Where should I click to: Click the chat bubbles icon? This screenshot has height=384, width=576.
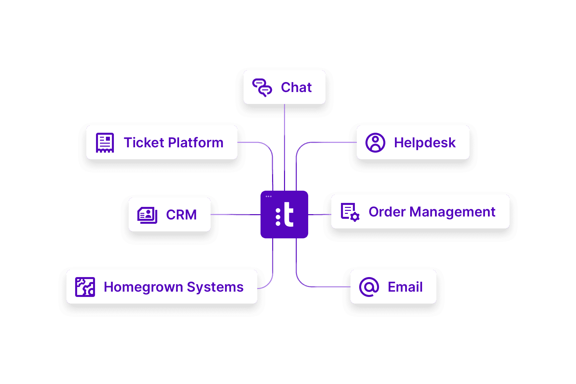[x=262, y=87]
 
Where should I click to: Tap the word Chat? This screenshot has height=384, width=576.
[x=296, y=87]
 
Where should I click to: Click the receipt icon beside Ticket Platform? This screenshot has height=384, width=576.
[x=105, y=143]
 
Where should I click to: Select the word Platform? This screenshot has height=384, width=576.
[x=196, y=143]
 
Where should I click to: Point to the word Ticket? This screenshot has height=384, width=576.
[x=144, y=143]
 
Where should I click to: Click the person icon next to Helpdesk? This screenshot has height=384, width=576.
[x=375, y=143]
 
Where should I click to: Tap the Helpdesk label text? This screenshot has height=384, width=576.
[x=425, y=143]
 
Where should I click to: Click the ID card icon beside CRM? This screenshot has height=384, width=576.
[x=147, y=215]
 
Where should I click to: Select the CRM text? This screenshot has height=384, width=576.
[x=181, y=215]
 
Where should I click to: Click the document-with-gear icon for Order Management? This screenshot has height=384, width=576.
[x=350, y=212]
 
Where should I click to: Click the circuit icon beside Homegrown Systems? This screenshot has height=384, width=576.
[x=85, y=287]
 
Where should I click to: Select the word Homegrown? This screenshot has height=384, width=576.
[x=143, y=287]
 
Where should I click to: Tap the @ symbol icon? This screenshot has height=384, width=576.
[x=369, y=287]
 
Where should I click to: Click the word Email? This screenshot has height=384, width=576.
[x=405, y=287]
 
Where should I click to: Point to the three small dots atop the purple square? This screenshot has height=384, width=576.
[x=268, y=197]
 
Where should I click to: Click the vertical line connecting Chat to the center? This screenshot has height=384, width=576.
[x=284, y=146]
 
